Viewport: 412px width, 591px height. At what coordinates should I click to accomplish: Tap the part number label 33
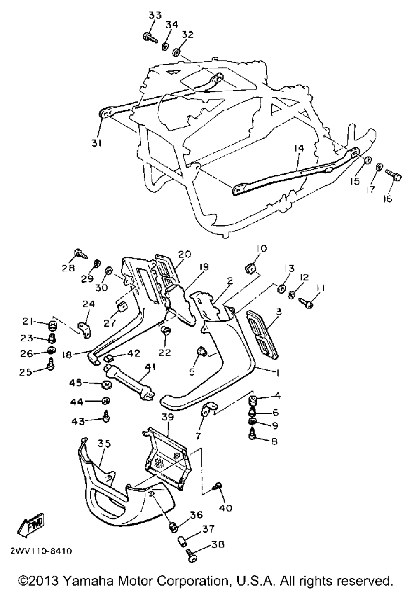(155, 15)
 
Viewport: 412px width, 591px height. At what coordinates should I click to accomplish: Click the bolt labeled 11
(307, 303)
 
